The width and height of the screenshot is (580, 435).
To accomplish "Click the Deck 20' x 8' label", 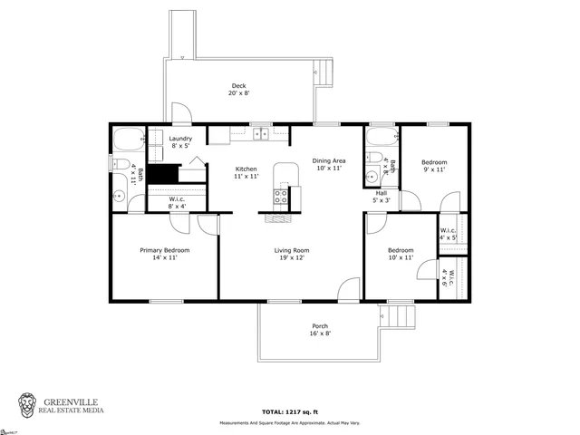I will (238, 89).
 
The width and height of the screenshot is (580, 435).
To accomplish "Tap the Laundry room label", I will (180, 141).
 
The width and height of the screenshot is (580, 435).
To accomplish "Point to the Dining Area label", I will (328, 163).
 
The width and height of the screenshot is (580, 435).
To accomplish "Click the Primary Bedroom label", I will (164, 255).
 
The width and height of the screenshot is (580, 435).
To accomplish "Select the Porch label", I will (320, 330).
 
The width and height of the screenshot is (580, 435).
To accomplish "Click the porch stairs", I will (400, 317).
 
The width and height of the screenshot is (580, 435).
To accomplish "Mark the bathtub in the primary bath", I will (128, 140).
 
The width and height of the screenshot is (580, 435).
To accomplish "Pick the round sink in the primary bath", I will (119, 197).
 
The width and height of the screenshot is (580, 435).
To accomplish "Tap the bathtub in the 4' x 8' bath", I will (379, 140).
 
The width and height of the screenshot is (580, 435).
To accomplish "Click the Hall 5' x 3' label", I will (382, 197).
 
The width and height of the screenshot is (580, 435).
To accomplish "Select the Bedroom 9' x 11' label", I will (434, 166).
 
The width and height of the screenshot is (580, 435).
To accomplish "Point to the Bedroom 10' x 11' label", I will (400, 255).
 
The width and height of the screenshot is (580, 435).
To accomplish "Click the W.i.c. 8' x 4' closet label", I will (178, 203).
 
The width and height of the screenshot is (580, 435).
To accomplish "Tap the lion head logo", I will (30, 404).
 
